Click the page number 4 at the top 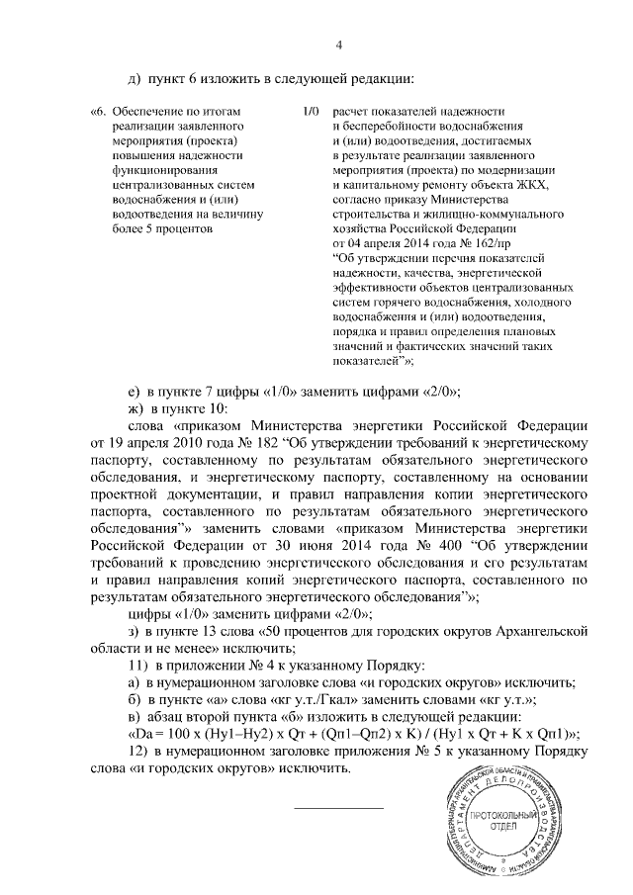(338, 45)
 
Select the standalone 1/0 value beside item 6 (312, 113)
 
